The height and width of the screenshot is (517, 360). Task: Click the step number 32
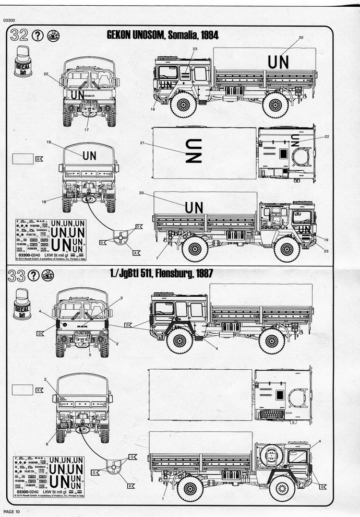click(x=19, y=36)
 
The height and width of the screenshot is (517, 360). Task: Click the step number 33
click(x=19, y=276)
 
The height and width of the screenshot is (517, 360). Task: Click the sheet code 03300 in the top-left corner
click(x=9, y=20)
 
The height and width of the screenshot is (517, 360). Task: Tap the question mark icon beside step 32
click(x=38, y=36)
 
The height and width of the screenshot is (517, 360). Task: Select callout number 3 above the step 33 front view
click(x=121, y=298)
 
